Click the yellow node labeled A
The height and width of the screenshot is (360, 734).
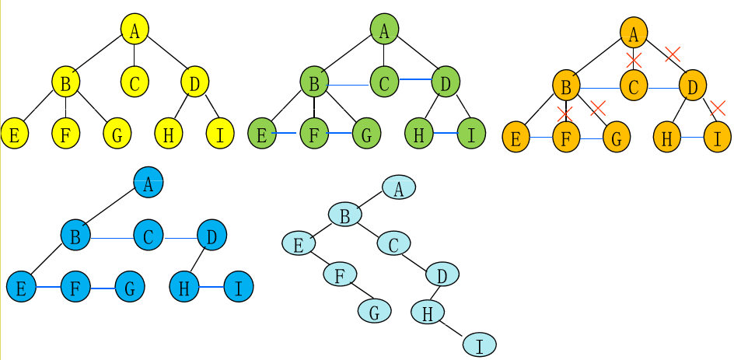pos(135,30)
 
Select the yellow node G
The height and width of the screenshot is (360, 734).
pos(117,135)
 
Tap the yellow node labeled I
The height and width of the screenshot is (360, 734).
pos(221,135)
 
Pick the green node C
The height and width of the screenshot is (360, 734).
pos(384,81)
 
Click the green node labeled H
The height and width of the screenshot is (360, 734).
pos(419,134)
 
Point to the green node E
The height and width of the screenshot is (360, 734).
pos(262,134)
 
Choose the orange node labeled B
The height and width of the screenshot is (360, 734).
pos(567,86)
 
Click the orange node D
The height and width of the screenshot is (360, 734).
pos(692,86)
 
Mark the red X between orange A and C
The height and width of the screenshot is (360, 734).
pos(634,60)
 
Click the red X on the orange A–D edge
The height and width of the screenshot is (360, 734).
pos(673,54)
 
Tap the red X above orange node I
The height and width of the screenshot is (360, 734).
pos(718,108)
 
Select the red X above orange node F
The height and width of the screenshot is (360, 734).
pos(565,114)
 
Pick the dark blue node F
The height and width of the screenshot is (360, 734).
pos(75,287)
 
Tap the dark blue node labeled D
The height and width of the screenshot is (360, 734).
pos(211,235)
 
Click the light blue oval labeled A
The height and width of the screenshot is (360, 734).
pos(398,187)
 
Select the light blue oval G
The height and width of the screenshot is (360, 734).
pos(374,311)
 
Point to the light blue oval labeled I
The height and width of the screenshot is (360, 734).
pos(479,344)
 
